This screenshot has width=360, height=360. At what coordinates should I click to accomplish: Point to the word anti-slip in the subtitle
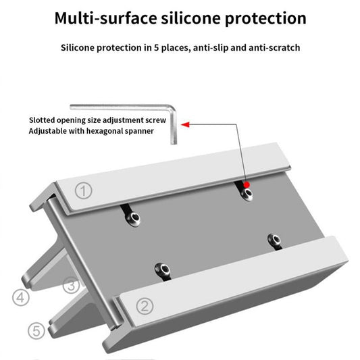(x=213, y=48)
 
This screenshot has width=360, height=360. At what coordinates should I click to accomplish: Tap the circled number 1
(x=83, y=191)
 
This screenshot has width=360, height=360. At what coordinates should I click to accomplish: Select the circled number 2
(x=143, y=305)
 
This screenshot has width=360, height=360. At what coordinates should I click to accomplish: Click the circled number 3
(x=71, y=286)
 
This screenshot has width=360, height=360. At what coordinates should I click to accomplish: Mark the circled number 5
(x=38, y=331)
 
